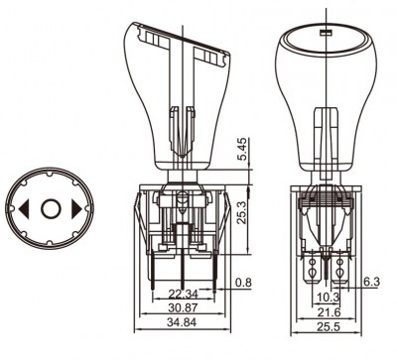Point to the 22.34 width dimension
point(183,294)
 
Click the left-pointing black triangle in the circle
point(24,209)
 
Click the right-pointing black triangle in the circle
point(78,209)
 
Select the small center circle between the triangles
point(52,209)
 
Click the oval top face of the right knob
point(327,44)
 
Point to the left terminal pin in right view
point(316,266)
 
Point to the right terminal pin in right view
point(340,266)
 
